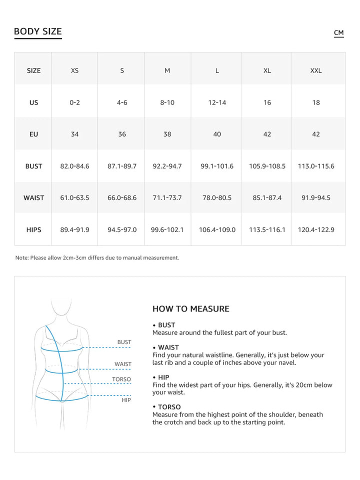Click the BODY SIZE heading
[38, 31]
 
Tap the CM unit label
[338, 33]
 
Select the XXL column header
[316, 70]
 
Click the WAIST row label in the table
[33, 198]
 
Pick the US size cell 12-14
[217, 102]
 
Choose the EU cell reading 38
[167, 134]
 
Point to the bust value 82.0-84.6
[74, 166]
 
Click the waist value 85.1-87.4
[267, 198]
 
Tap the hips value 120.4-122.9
[316, 230]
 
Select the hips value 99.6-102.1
[167, 230]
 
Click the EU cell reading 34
[74, 134]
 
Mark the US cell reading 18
[316, 102]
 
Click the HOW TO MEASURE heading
[190, 309]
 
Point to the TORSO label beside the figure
[121, 379]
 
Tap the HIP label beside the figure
[126, 400]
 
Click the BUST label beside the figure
[124, 342]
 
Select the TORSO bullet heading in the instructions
[169, 407]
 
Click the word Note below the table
[21, 258]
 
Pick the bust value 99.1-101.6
[217, 166]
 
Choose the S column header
[122, 70]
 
